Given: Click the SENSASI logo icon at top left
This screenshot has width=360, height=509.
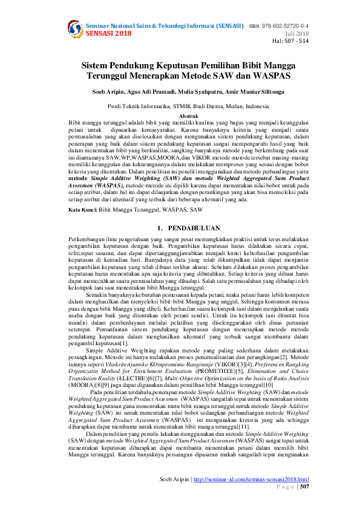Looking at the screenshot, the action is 75,29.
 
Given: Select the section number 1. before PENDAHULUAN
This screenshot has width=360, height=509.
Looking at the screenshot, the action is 160,212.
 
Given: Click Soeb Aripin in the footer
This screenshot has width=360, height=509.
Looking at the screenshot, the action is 174,479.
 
